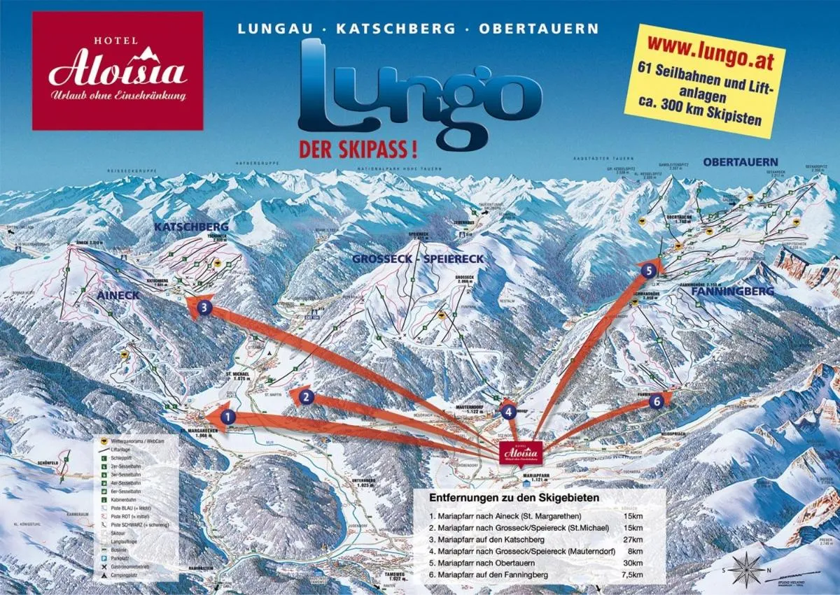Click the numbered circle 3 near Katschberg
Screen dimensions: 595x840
pyautogui.click(x=204, y=306)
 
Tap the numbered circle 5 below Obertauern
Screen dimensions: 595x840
pyautogui.click(x=650, y=269)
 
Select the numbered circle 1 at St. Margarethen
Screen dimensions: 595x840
pyautogui.click(x=227, y=418)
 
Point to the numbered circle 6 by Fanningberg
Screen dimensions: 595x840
pyautogui.click(x=655, y=401)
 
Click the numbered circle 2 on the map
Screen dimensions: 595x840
pyautogui.click(x=305, y=398)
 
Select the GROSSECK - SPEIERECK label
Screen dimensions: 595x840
pyautogui.click(x=418, y=259)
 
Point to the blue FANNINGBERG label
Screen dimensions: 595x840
pyautogui.click(x=732, y=290)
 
